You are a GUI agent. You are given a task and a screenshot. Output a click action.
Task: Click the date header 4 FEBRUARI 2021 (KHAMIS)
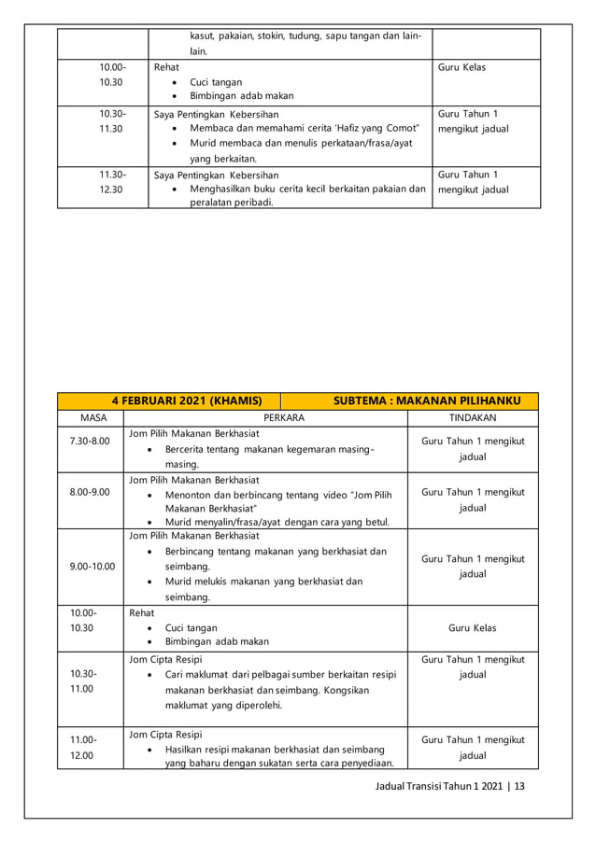click(x=187, y=400)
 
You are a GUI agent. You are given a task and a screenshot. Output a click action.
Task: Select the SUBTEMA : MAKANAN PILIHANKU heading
click(x=427, y=400)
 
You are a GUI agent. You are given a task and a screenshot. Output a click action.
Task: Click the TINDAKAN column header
click(x=473, y=418)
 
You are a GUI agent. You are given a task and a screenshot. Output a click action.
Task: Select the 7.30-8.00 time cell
click(x=90, y=441)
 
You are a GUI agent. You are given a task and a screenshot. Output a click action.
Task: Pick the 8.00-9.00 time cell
click(x=90, y=492)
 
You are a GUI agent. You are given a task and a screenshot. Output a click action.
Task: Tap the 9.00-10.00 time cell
click(x=91, y=566)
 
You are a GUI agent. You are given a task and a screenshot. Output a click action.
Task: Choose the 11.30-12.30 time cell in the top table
click(x=112, y=182)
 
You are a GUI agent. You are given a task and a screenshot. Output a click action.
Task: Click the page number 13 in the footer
click(x=519, y=786)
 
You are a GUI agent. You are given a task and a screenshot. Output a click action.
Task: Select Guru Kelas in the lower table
click(x=473, y=628)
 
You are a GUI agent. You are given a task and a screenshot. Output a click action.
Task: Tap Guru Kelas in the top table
click(x=462, y=68)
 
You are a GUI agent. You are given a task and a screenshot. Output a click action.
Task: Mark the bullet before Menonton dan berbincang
click(x=151, y=495)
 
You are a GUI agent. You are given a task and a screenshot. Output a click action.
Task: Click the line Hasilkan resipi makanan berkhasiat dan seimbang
click(x=275, y=749)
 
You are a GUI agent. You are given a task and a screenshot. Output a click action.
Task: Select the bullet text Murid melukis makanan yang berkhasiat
click(x=263, y=582)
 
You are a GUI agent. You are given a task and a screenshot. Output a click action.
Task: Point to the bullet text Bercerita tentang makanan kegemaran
click(x=269, y=449)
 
